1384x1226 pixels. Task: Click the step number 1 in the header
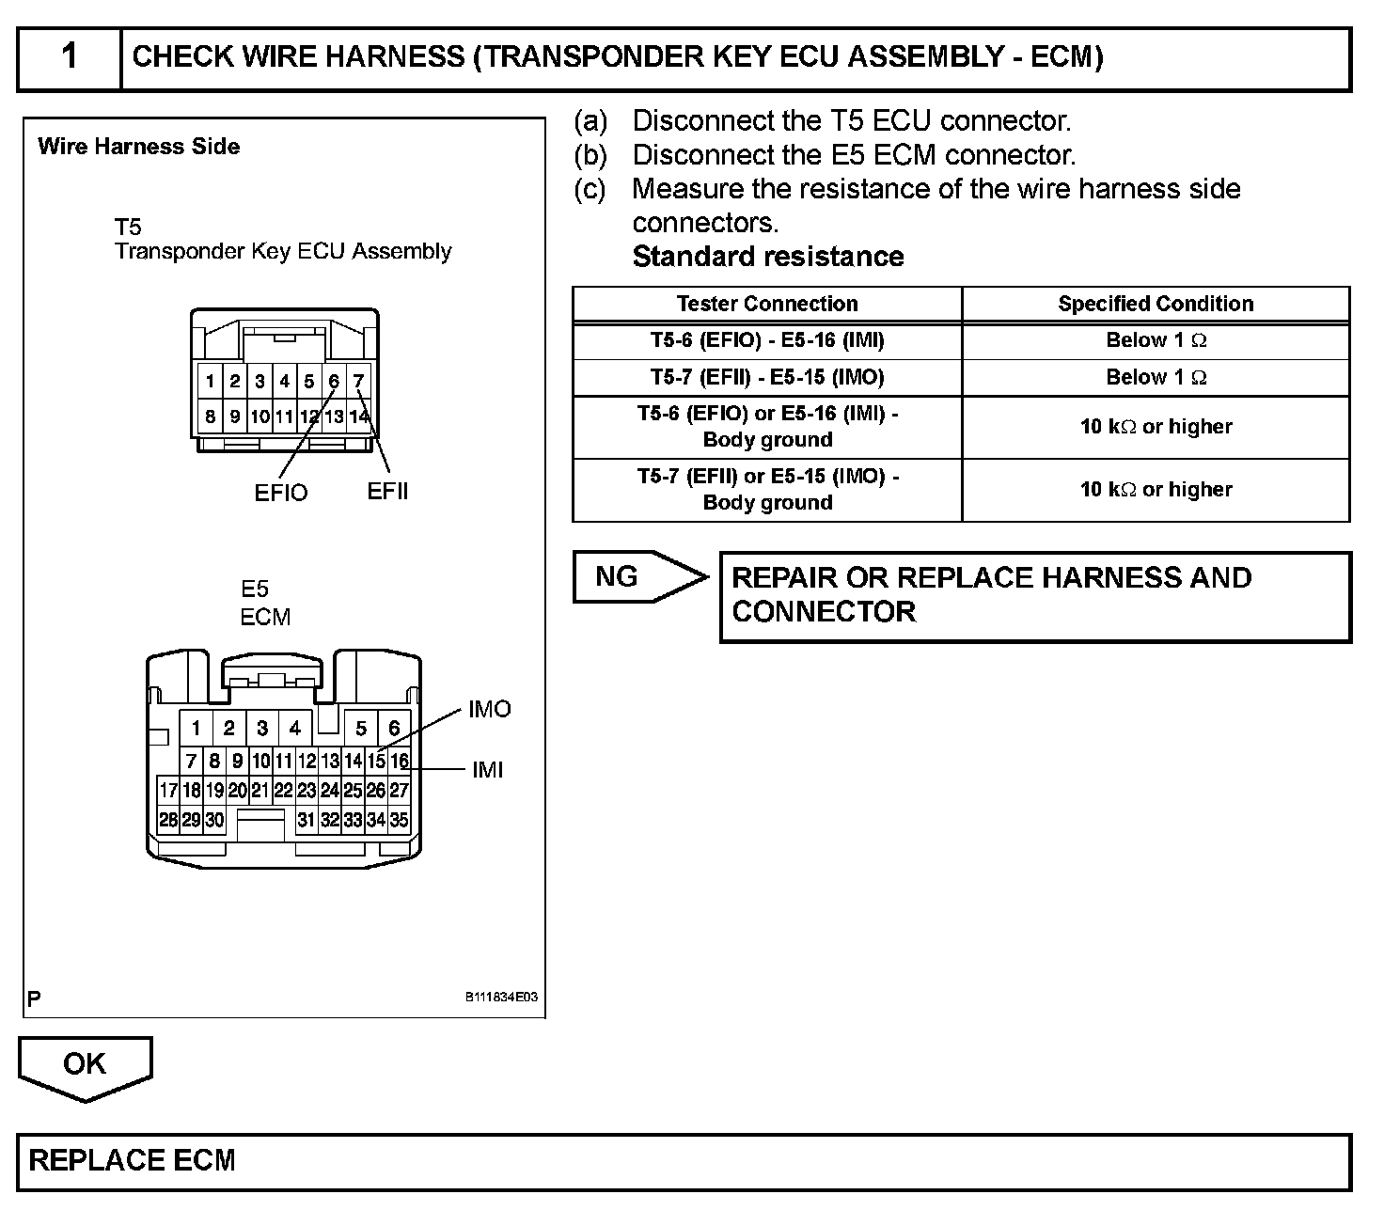[69, 57]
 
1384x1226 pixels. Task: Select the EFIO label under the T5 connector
[280, 493]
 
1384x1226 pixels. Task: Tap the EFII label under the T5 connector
[387, 491]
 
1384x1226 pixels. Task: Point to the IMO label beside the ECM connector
[489, 710]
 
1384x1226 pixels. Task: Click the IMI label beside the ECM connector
[487, 770]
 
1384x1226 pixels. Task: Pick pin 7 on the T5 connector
[358, 382]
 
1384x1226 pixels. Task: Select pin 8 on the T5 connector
[210, 416]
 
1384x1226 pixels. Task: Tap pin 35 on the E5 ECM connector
[399, 820]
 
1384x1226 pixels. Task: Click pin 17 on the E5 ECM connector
[168, 790]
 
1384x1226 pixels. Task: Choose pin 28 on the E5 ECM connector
[168, 820]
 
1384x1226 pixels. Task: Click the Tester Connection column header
[767, 304]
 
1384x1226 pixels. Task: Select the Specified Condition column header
[1156, 304]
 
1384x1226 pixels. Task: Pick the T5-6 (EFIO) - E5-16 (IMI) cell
[767, 340]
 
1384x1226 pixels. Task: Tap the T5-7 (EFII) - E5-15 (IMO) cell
[767, 377]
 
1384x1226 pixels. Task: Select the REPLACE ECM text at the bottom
[133, 1160]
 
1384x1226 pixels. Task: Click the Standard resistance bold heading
[768, 257]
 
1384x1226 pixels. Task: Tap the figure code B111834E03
[501, 998]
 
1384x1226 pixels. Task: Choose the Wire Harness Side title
[139, 147]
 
